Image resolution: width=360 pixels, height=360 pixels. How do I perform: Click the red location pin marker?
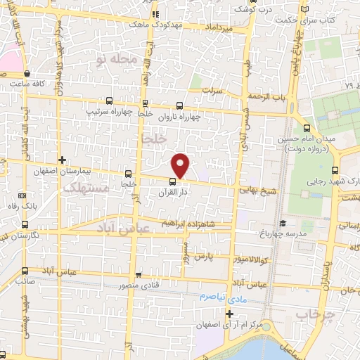(181, 165)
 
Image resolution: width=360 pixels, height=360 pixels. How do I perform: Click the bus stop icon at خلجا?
(128, 173)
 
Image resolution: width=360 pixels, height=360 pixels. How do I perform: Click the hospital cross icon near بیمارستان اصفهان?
(63, 160)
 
